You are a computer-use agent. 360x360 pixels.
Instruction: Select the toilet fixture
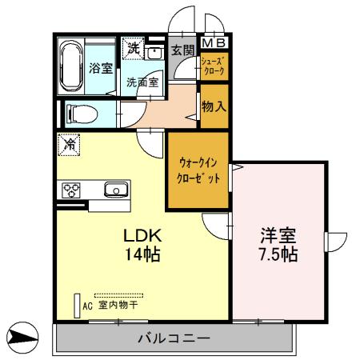(79, 112)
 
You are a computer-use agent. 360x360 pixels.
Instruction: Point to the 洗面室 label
(142, 82)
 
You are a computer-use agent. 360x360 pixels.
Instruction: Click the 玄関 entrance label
(182, 49)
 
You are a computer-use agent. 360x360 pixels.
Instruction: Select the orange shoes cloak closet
(213, 66)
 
